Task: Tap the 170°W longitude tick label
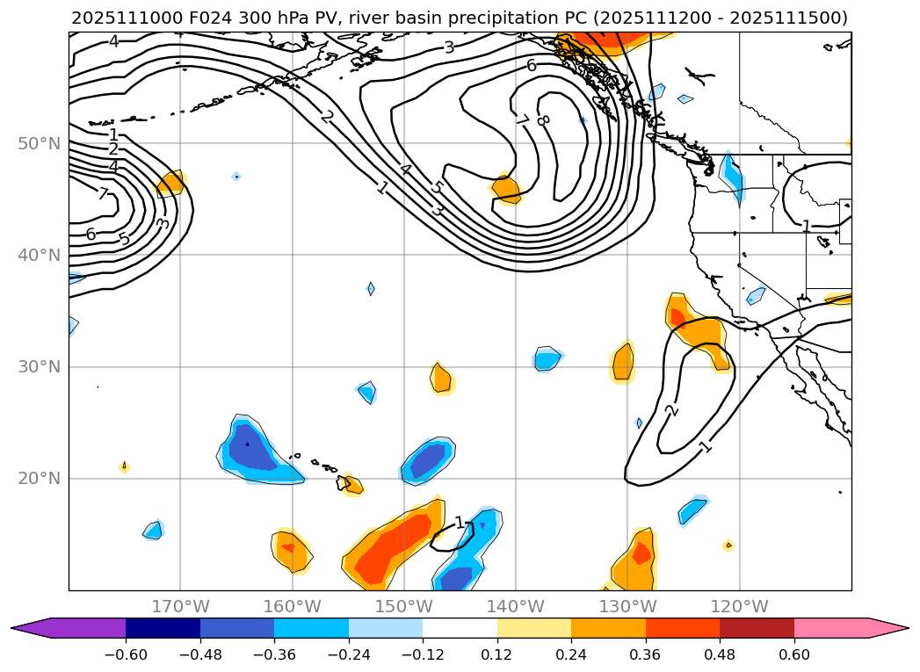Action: pyautogui.click(x=180, y=606)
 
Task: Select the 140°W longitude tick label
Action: pyautogui.click(x=516, y=606)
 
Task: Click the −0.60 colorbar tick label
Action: pyautogui.click(x=126, y=654)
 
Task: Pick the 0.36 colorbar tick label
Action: pyautogui.click(x=646, y=654)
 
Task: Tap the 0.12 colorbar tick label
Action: pyautogui.click(x=497, y=654)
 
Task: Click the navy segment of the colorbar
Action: pyautogui.click(x=163, y=628)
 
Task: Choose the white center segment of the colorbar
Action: pyautogui.click(x=460, y=628)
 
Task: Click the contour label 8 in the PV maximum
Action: pyautogui.click(x=542, y=120)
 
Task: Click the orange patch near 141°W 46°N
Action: pyautogui.click(x=505, y=187)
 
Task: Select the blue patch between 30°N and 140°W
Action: pyautogui.click(x=547, y=358)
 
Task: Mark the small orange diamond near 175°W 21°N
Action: pyautogui.click(x=124, y=466)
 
